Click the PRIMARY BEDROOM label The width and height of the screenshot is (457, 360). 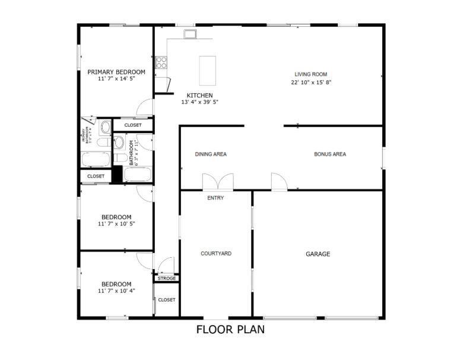(x=116, y=72)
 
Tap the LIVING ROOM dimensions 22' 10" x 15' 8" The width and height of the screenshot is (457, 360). (x=311, y=82)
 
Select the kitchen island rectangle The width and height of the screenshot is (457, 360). (x=208, y=71)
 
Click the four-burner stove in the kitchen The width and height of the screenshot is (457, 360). (x=161, y=62)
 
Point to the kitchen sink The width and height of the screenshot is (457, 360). (x=190, y=34)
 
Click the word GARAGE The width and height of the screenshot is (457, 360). (x=318, y=254)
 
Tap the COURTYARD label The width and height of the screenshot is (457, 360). (x=216, y=254)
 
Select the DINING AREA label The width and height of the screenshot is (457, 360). (x=211, y=154)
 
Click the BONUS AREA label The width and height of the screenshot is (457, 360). (x=330, y=154)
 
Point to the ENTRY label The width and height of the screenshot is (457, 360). (x=215, y=198)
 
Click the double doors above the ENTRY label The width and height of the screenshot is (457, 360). (x=218, y=181)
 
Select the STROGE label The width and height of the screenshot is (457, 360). (x=167, y=278)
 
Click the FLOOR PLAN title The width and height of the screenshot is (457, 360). (x=230, y=329)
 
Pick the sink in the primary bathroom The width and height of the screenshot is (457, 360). (x=105, y=127)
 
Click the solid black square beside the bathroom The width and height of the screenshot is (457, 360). (x=117, y=175)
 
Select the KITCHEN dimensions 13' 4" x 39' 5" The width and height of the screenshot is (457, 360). (x=199, y=102)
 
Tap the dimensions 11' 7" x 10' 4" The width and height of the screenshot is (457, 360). (x=116, y=291)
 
